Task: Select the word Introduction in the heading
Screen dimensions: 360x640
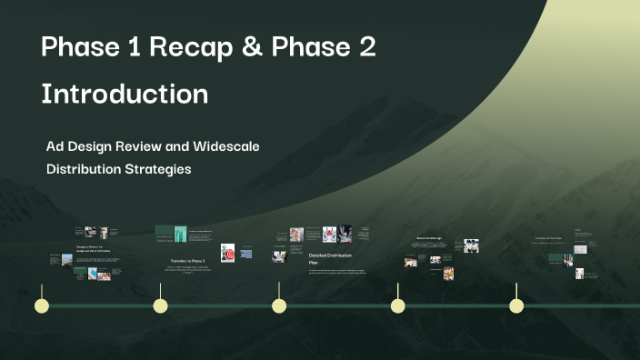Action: pos(125,94)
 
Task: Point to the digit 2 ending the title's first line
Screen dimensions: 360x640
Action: pos(366,49)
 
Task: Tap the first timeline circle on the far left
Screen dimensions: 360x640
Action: pos(41,305)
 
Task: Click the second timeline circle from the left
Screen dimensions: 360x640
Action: pos(160,305)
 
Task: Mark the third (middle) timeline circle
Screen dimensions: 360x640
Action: pos(279,305)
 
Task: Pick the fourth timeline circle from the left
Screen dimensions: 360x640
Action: pos(397,305)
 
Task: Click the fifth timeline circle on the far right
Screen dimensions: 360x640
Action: pos(516,305)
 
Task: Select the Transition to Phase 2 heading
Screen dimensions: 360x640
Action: pos(187,261)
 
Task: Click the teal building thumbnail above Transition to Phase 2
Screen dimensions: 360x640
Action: pos(180,234)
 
